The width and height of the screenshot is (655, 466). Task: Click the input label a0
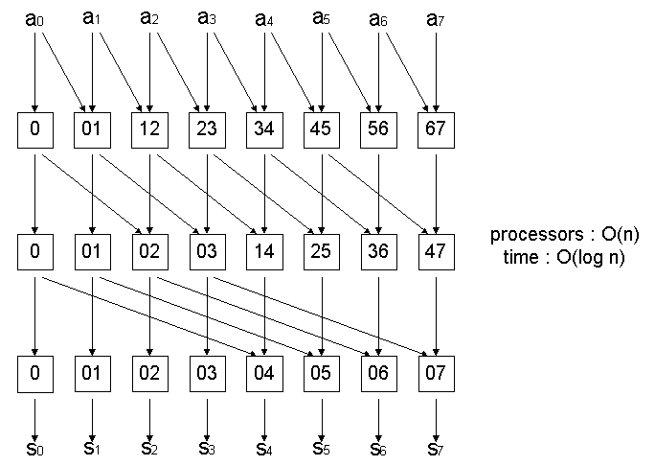click(x=35, y=18)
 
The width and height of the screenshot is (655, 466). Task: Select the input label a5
click(x=323, y=18)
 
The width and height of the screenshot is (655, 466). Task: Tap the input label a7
click(x=438, y=18)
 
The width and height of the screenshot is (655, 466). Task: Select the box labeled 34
click(x=265, y=131)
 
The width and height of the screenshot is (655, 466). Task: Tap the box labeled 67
click(x=438, y=131)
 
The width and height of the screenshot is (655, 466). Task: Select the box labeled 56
click(x=380, y=131)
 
